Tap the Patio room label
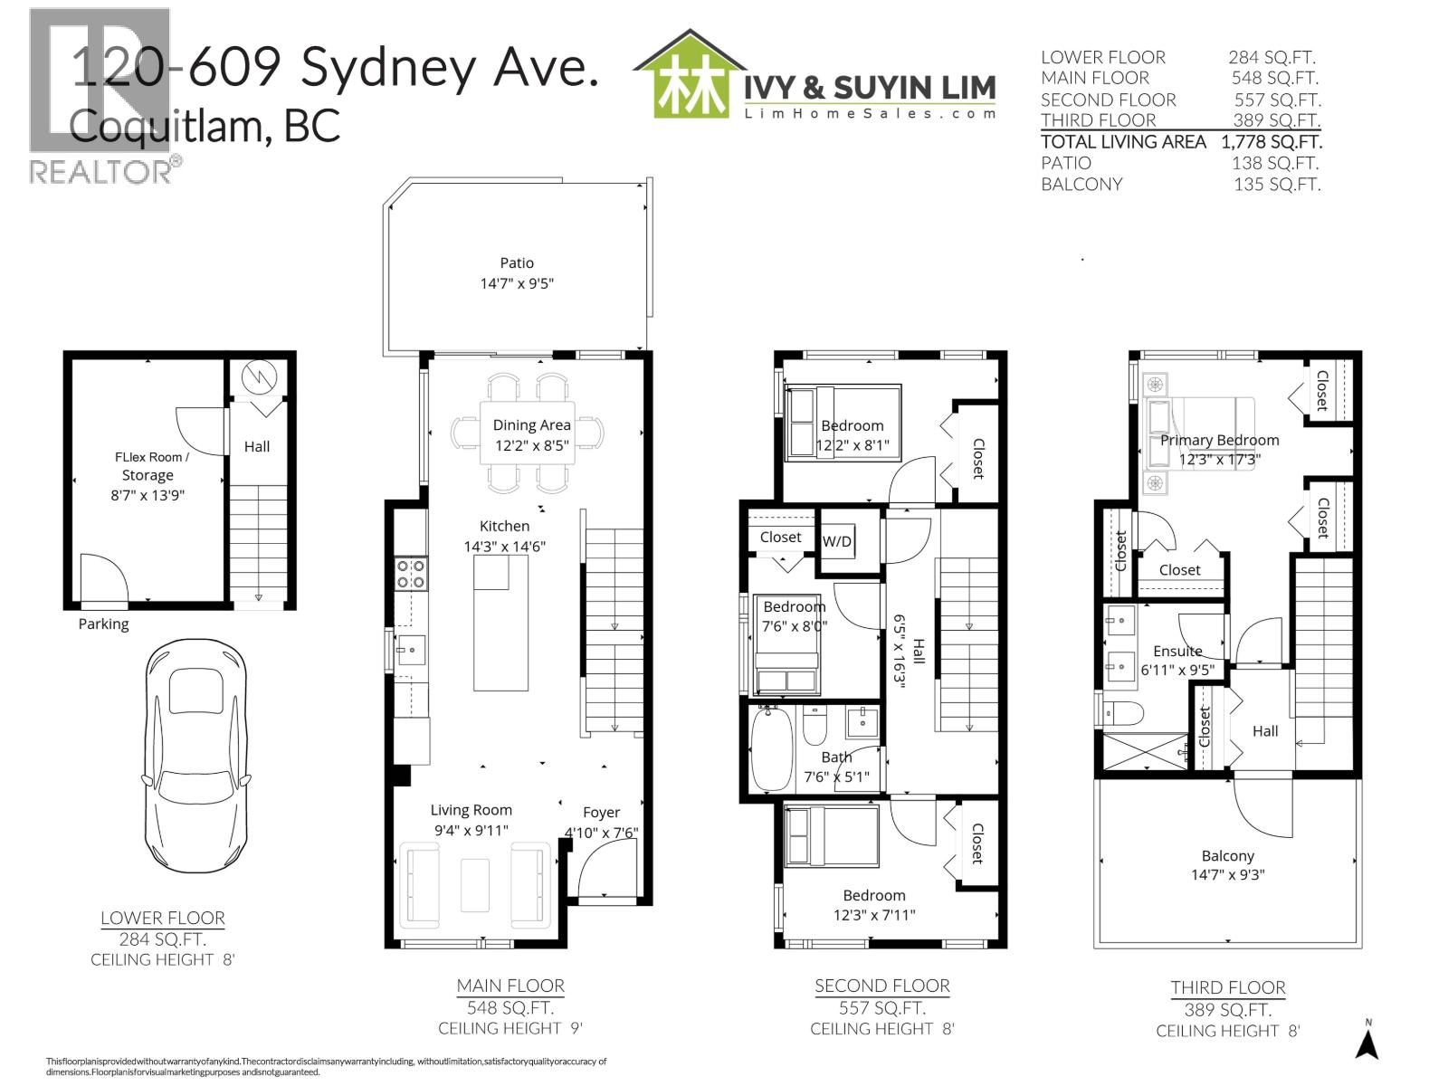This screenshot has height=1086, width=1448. tap(517, 272)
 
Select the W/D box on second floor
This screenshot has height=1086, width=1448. tap(837, 541)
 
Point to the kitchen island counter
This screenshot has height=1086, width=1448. tap(500, 623)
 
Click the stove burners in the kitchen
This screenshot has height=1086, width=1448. tap(412, 575)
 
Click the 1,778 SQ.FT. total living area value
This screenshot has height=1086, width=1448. tap(1271, 142)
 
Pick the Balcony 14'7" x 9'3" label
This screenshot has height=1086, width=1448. tap(1228, 864)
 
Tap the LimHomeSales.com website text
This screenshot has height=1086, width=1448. tap(869, 113)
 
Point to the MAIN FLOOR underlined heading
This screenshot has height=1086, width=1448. tap(510, 986)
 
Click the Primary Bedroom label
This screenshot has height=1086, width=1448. tap(1219, 441)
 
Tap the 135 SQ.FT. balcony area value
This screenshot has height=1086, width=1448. tap(1276, 185)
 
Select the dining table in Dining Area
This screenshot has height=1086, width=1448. tap(528, 433)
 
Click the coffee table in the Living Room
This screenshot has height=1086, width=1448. tap(475, 885)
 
